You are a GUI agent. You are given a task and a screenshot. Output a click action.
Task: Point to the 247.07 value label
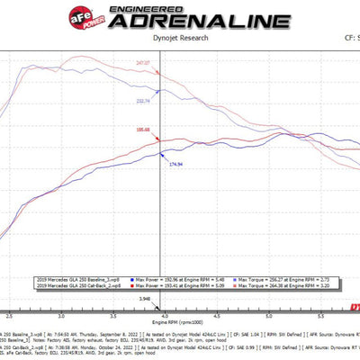[143, 63]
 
